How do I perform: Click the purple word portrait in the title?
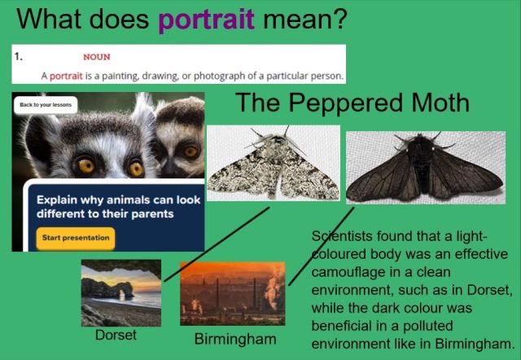[206, 20]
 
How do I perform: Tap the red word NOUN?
[97, 57]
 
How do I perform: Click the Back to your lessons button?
[46, 105]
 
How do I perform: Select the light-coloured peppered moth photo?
[274, 163]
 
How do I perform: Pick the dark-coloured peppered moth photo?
[426, 167]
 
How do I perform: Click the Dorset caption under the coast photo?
[116, 335]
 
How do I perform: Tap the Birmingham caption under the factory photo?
[235, 340]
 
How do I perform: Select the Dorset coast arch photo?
[121, 293]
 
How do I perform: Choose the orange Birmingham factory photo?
[233, 293]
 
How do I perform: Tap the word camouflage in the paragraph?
[348, 273]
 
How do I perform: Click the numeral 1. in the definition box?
[19, 56]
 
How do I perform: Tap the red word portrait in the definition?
[66, 76]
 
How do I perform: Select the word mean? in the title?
[305, 19]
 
